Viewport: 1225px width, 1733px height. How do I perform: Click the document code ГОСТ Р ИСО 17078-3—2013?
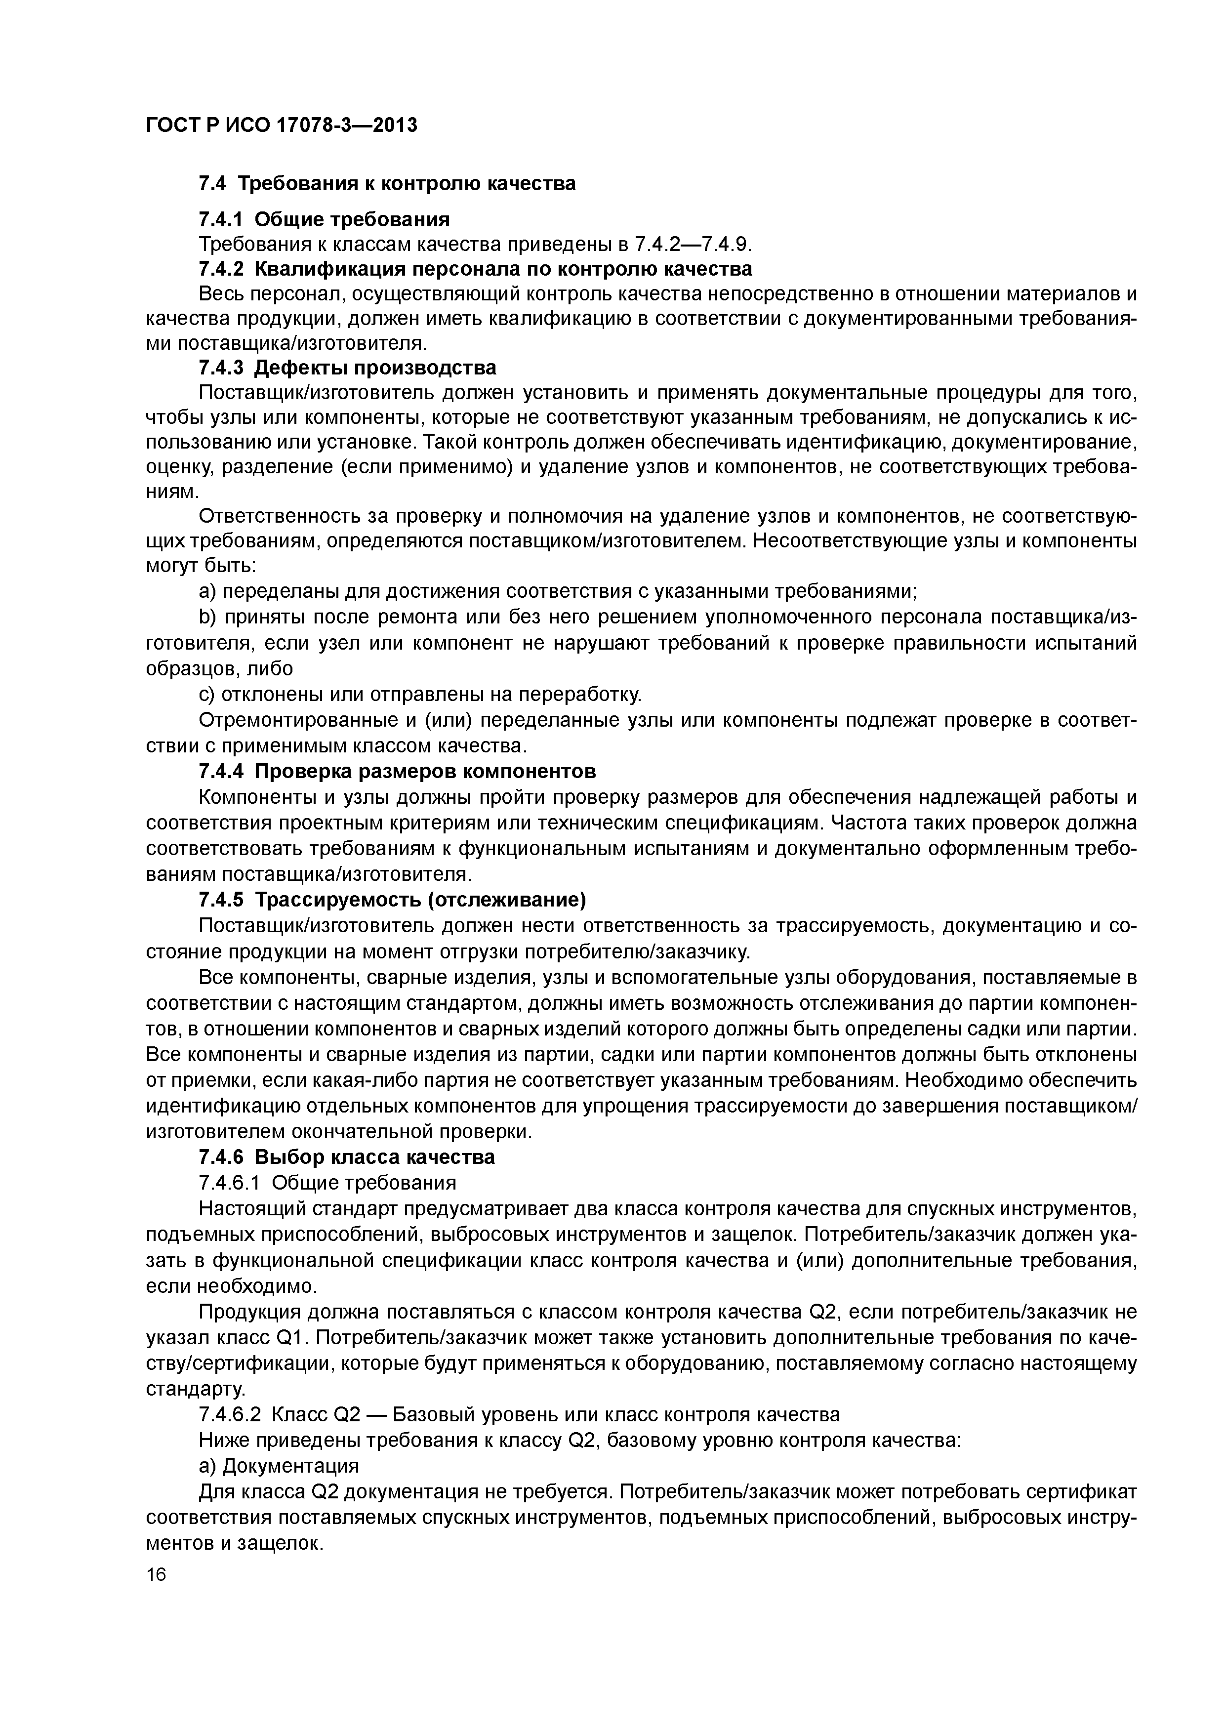[x=281, y=125]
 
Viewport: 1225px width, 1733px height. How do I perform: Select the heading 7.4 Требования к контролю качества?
[x=386, y=183]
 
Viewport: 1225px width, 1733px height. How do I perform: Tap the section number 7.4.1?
[x=220, y=220]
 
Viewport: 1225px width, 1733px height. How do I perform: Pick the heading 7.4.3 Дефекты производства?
[x=347, y=369]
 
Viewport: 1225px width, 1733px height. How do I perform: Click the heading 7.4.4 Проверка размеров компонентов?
[x=397, y=771]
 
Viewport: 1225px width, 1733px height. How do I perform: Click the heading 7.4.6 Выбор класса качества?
[x=346, y=1157]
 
